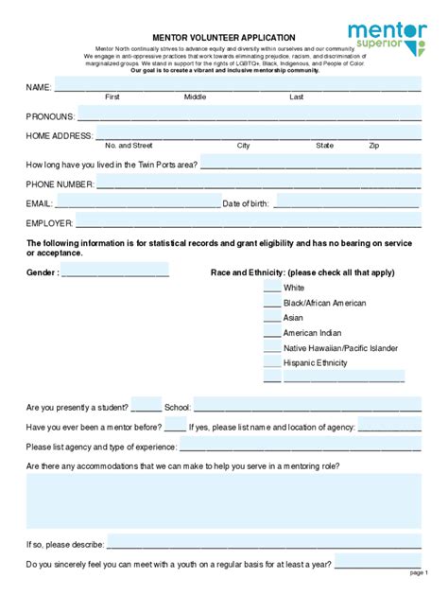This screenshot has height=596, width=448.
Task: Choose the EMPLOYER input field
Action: (x=248, y=223)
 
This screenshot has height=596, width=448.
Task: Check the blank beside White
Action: (x=271, y=288)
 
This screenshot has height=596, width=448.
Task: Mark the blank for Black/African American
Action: (x=271, y=303)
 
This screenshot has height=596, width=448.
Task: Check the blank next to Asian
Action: (x=271, y=318)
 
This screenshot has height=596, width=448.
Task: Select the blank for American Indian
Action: (x=271, y=333)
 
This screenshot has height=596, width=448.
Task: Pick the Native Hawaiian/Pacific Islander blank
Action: (x=271, y=348)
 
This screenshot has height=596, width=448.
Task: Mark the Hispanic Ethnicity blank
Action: (x=271, y=363)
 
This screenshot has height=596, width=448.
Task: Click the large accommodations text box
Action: (x=224, y=500)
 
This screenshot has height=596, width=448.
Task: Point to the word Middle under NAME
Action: (x=196, y=96)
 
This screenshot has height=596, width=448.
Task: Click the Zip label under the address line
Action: (x=374, y=146)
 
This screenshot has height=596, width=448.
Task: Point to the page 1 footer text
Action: (x=419, y=572)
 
